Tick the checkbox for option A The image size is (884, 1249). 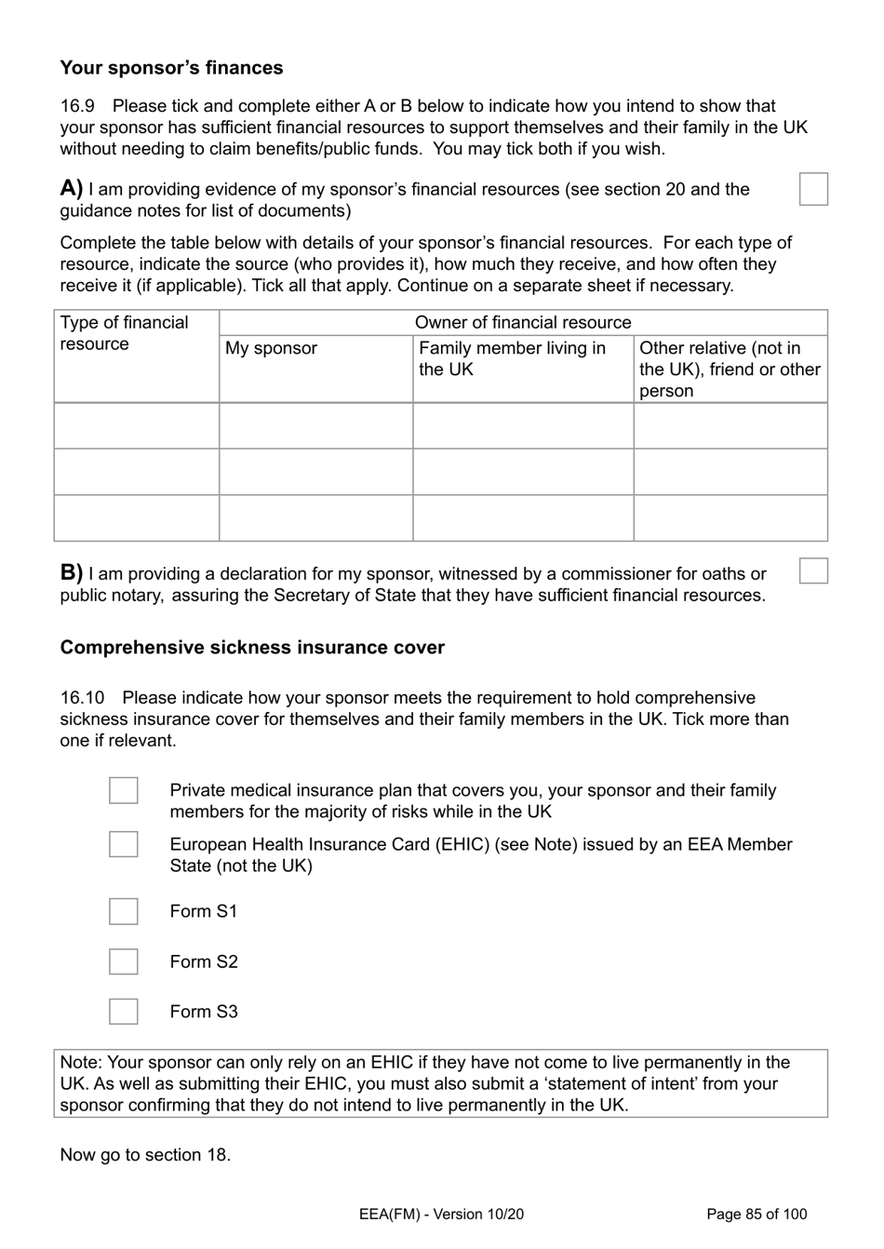[813, 189]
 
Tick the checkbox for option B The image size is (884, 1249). [813, 571]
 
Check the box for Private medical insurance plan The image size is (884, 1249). [124, 790]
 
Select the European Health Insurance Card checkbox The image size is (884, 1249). [124, 844]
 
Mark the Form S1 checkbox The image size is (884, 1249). [124, 911]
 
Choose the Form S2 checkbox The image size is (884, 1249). [124, 961]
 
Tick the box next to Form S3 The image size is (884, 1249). [124, 1012]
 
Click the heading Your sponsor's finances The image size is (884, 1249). [171, 68]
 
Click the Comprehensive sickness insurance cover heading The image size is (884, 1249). [252, 648]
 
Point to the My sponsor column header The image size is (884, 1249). [271, 348]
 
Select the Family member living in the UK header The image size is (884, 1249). [512, 358]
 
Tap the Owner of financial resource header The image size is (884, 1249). [522, 323]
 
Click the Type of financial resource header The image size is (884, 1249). [124, 333]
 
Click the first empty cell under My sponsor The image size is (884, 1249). [315, 426]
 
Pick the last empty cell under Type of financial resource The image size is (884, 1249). [137, 518]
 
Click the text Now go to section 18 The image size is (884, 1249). [145, 1155]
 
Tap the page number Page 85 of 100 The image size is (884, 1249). [757, 1214]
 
